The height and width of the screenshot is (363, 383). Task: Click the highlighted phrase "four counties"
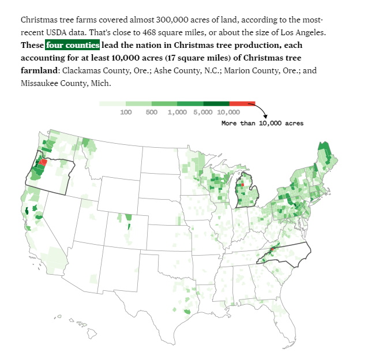tap(73, 45)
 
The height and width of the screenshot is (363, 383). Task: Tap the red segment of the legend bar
tap(242, 104)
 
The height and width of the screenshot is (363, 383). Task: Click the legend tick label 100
tap(126, 112)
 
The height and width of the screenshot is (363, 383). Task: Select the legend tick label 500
tap(152, 112)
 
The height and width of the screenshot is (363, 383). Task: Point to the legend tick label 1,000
tap(178, 112)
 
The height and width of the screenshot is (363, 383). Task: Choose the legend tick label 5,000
tap(203, 112)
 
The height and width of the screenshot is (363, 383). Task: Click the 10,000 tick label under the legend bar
tap(229, 112)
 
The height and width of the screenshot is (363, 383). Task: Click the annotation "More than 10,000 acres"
tap(262, 124)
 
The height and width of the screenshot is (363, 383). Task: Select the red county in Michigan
tap(242, 185)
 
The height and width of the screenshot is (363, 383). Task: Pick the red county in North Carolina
tap(272, 250)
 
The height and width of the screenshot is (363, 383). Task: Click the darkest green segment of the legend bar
tap(216, 104)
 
